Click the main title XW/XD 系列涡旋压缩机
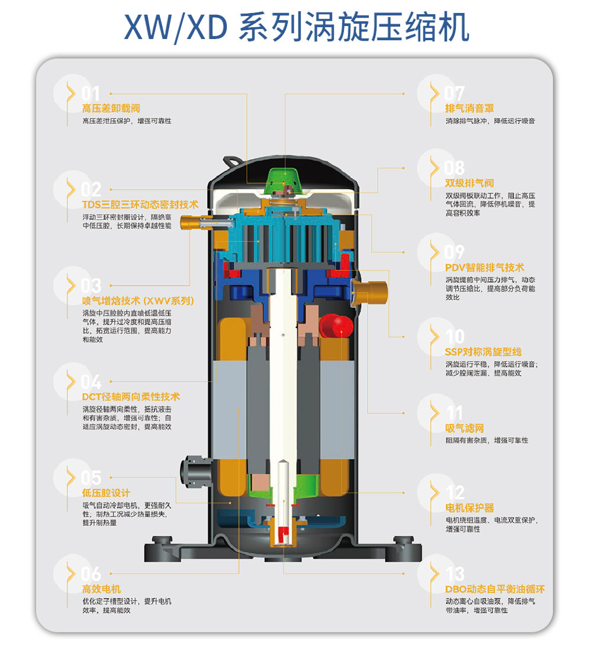[x=297, y=27]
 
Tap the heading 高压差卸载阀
[x=111, y=108]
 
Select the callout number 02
[x=91, y=189]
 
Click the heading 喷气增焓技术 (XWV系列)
[x=138, y=300]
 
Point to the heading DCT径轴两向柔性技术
[x=131, y=397]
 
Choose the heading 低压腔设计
[x=106, y=493]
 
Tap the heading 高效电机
[x=101, y=589]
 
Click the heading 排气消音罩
[x=469, y=108]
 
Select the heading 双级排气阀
[x=469, y=183]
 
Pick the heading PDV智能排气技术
[x=484, y=267]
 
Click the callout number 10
[x=455, y=336]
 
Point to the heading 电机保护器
[x=469, y=507]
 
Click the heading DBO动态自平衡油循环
[x=495, y=589]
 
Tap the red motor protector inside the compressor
[x=336, y=326]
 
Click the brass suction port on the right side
[x=370, y=292]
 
